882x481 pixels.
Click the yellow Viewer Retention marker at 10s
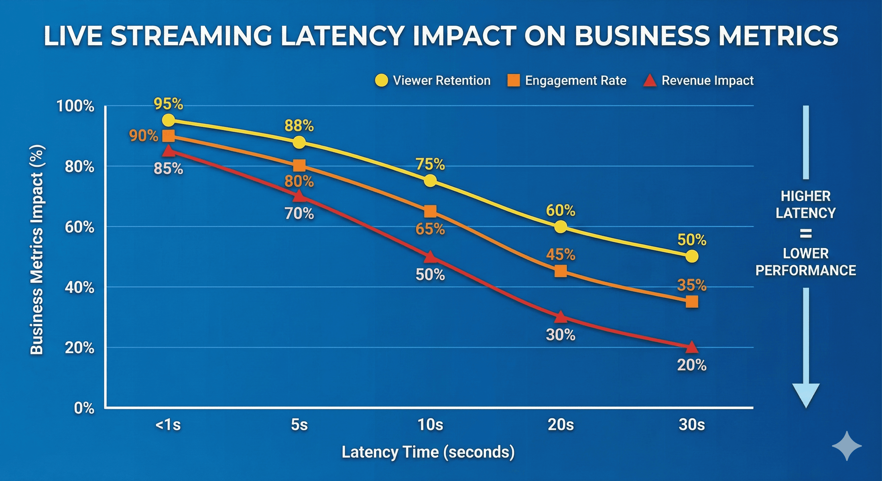click(x=430, y=181)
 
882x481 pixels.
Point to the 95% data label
click(x=168, y=104)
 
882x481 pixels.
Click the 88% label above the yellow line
click(x=299, y=126)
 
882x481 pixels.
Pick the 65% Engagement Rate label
click(x=430, y=229)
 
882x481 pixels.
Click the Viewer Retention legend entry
click(x=433, y=81)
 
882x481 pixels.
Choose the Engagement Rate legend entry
click(x=567, y=81)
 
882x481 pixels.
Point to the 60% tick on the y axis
click(x=80, y=227)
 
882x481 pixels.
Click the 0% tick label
click(x=84, y=408)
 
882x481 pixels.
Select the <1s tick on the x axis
click(x=168, y=425)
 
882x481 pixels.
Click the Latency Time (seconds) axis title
click(x=428, y=452)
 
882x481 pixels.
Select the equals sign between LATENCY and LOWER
click(x=806, y=234)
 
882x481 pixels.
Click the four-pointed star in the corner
click(x=847, y=446)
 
